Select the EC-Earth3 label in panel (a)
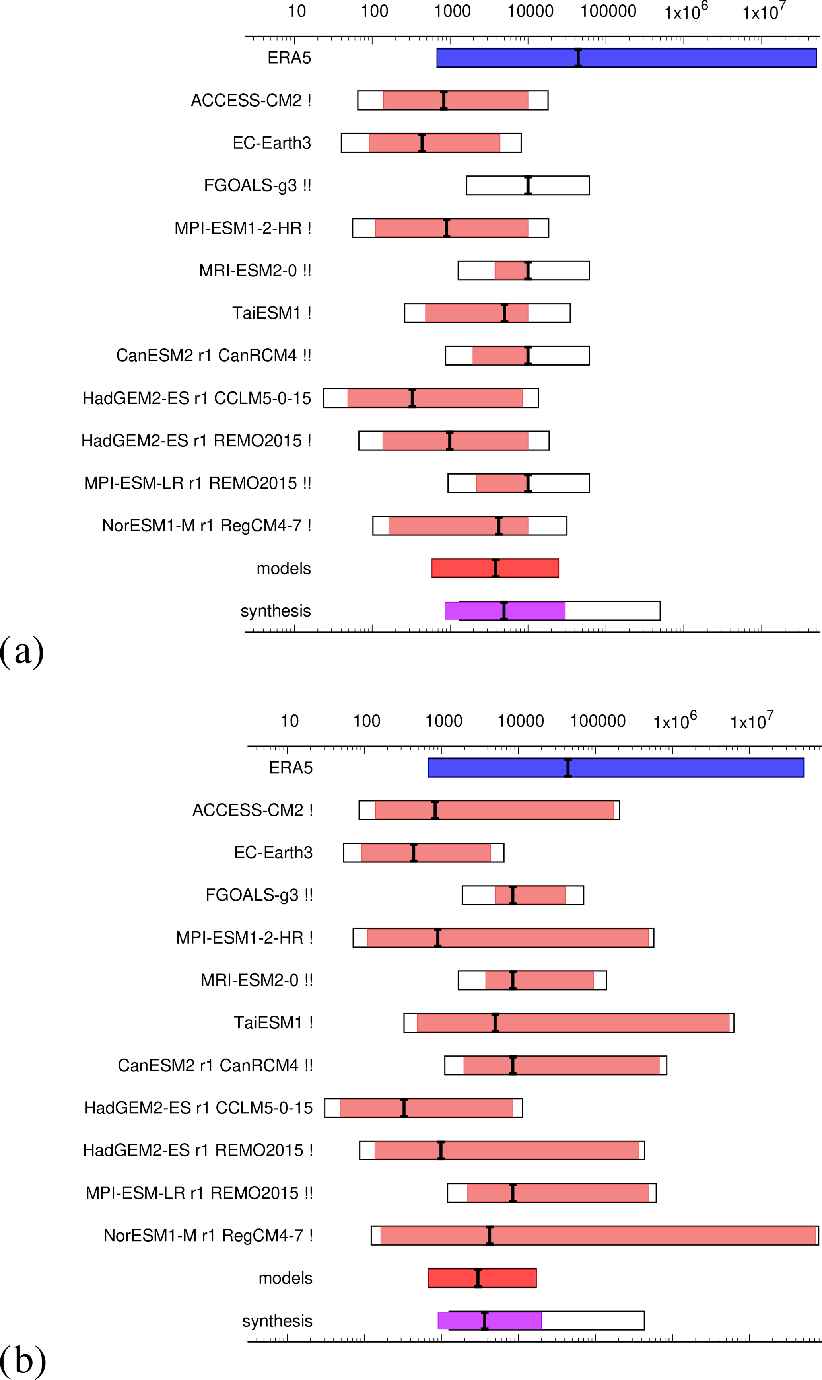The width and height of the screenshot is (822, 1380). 271,143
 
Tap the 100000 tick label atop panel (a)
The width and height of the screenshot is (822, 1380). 608,11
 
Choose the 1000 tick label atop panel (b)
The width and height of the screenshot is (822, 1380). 444,721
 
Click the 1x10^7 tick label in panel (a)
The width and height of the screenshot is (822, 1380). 763,11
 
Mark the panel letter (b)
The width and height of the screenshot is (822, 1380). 22,1361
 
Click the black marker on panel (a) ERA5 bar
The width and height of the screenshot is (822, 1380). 578,58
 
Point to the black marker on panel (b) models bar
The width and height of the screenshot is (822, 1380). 478,1277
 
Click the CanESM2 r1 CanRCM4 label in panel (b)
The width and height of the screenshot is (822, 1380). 215,1065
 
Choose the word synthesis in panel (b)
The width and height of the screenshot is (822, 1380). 277,1320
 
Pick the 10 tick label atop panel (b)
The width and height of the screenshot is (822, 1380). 289,721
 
